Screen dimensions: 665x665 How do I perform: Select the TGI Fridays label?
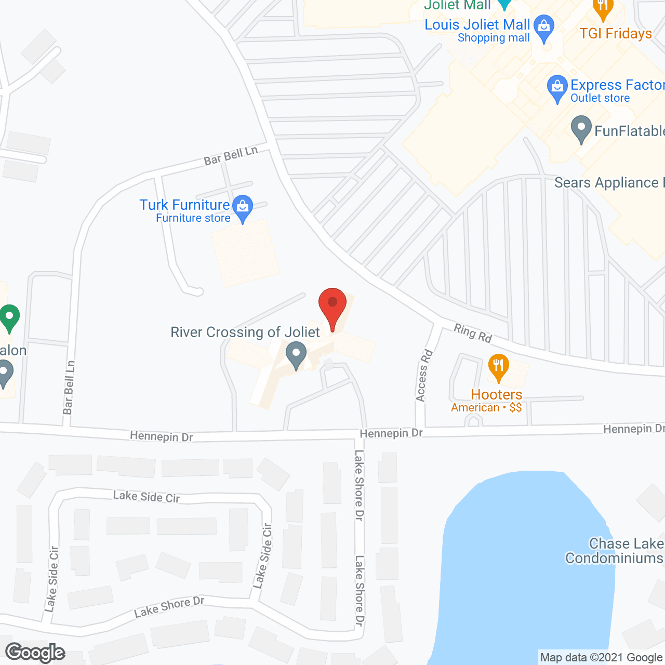pos(616,34)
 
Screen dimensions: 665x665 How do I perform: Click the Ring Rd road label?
pos(473,333)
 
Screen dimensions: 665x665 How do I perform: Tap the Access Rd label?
pos(424,376)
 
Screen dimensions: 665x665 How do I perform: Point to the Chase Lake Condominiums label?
pos(614,551)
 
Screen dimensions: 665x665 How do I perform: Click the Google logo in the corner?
pos(35,653)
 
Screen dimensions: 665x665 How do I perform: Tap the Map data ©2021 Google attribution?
pos(601,658)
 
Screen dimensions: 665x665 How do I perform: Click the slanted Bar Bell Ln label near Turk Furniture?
pos(231,156)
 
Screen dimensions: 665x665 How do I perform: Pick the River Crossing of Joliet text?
pos(245,332)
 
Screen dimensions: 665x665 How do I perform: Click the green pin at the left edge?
pos(9,316)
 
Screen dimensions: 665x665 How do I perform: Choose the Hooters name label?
pos(497,395)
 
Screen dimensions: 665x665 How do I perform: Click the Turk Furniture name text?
pos(184,205)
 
